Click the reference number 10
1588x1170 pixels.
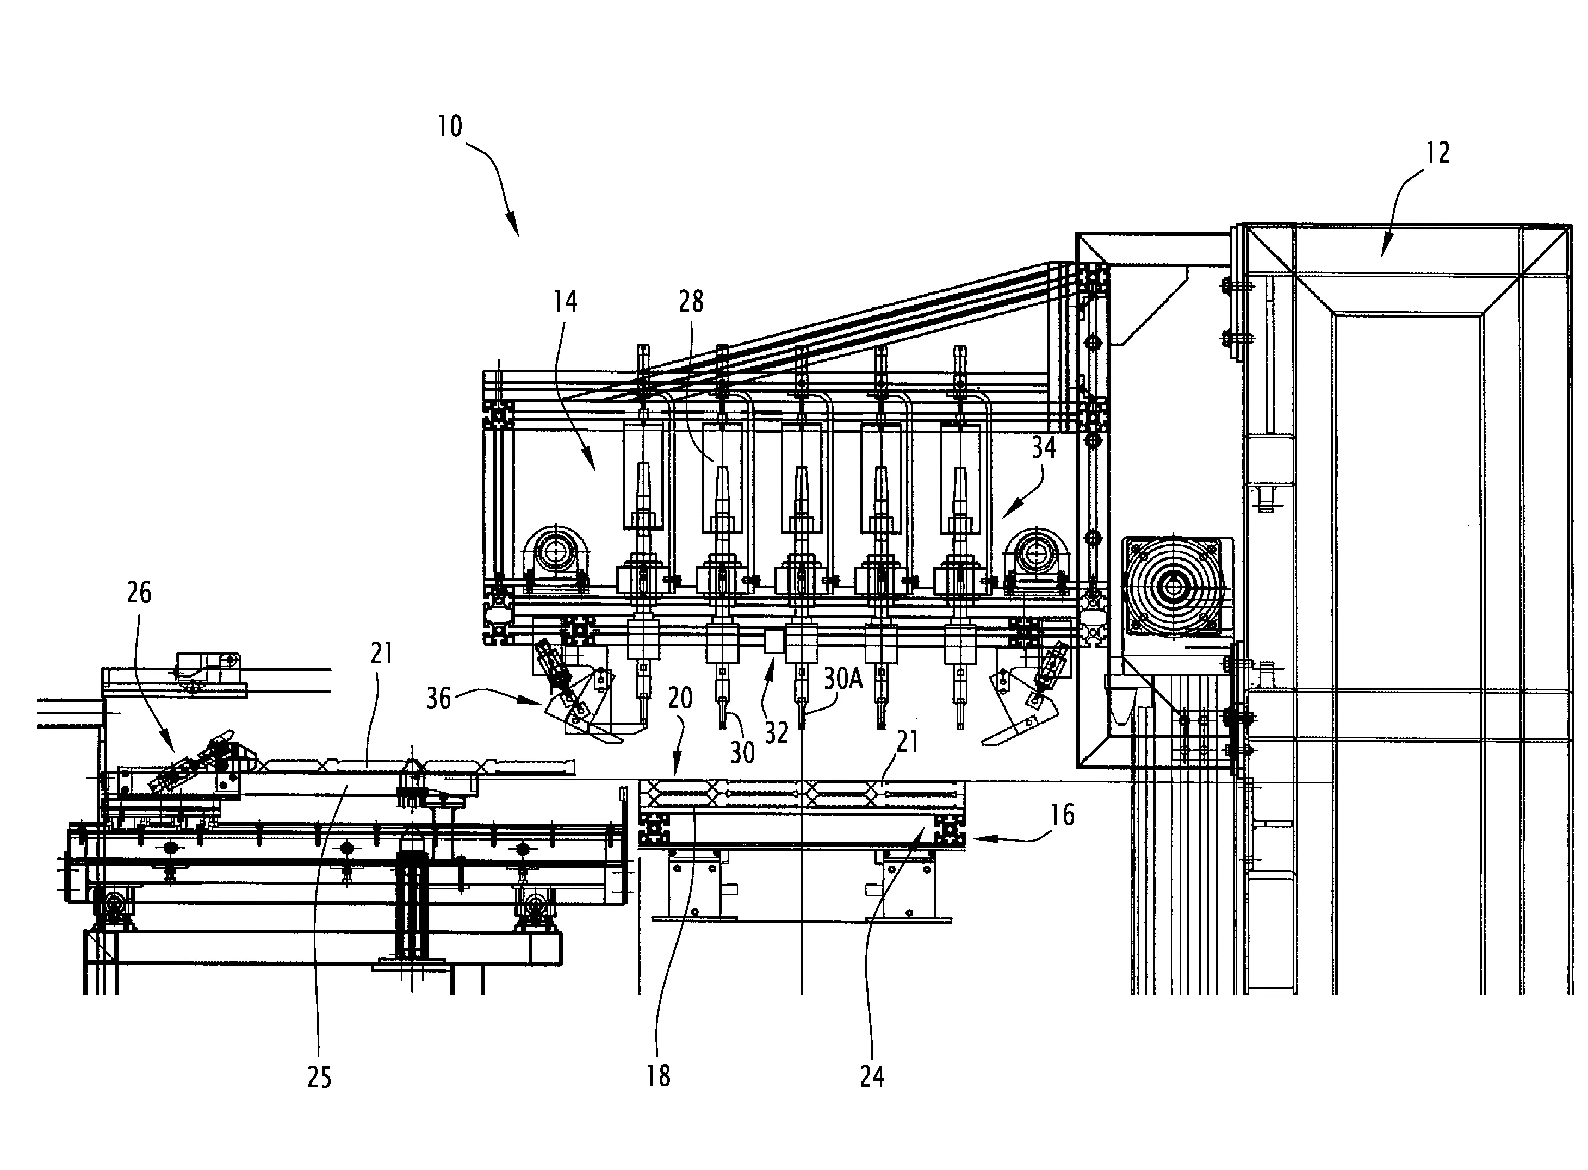[x=450, y=127]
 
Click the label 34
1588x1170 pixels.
[x=1043, y=447]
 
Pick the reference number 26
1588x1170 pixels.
[x=139, y=592]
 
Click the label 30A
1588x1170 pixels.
[x=843, y=679]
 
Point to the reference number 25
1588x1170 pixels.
[x=319, y=1077]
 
